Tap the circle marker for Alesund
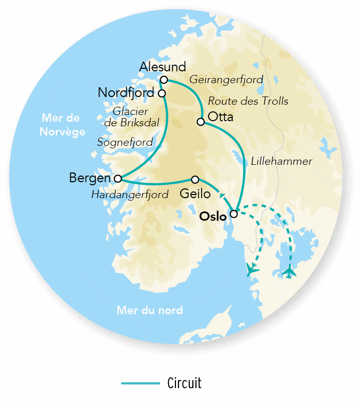(x=164, y=80)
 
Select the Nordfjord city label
(x=126, y=93)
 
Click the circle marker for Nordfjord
(x=162, y=93)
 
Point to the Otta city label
(x=221, y=117)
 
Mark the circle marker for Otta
(x=201, y=122)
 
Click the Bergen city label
(x=90, y=178)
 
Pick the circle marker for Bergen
(x=117, y=179)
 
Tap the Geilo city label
(x=195, y=194)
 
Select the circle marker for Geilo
(x=195, y=179)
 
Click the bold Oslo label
(x=213, y=217)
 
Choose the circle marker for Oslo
(x=234, y=214)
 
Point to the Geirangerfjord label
(x=226, y=80)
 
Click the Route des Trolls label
(x=248, y=101)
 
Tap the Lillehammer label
(x=282, y=161)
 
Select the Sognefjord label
(x=125, y=142)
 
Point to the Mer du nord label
(x=150, y=311)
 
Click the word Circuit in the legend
(x=184, y=383)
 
